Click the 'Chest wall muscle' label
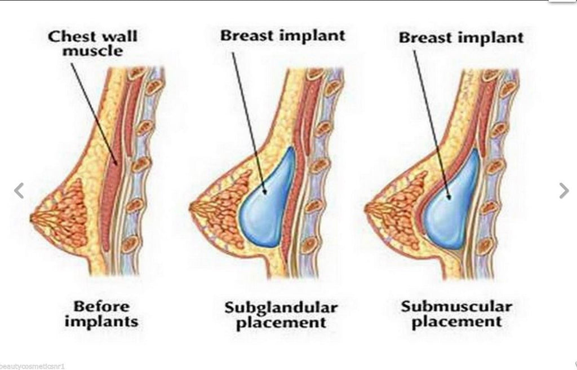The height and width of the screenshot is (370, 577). (x=92, y=44)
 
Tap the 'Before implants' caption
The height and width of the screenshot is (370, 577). (x=101, y=314)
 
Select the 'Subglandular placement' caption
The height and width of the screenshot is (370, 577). (x=281, y=315)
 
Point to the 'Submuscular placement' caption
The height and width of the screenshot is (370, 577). (x=456, y=314)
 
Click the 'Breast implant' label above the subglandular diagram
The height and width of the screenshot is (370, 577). (x=282, y=36)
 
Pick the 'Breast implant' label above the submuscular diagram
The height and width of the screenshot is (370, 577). (x=461, y=38)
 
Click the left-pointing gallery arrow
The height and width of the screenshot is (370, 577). (x=19, y=191)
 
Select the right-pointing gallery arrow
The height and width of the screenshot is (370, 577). (x=563, y=191)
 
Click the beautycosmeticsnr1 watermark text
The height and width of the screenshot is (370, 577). (x=34, y=365)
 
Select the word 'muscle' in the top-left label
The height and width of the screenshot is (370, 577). (x=93, y=52)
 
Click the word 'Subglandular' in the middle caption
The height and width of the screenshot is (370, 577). (x=281, y=308)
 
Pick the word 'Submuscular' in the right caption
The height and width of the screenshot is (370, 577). (x=456, y=307)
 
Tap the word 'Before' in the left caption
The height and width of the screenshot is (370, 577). (x=101, y=307)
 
